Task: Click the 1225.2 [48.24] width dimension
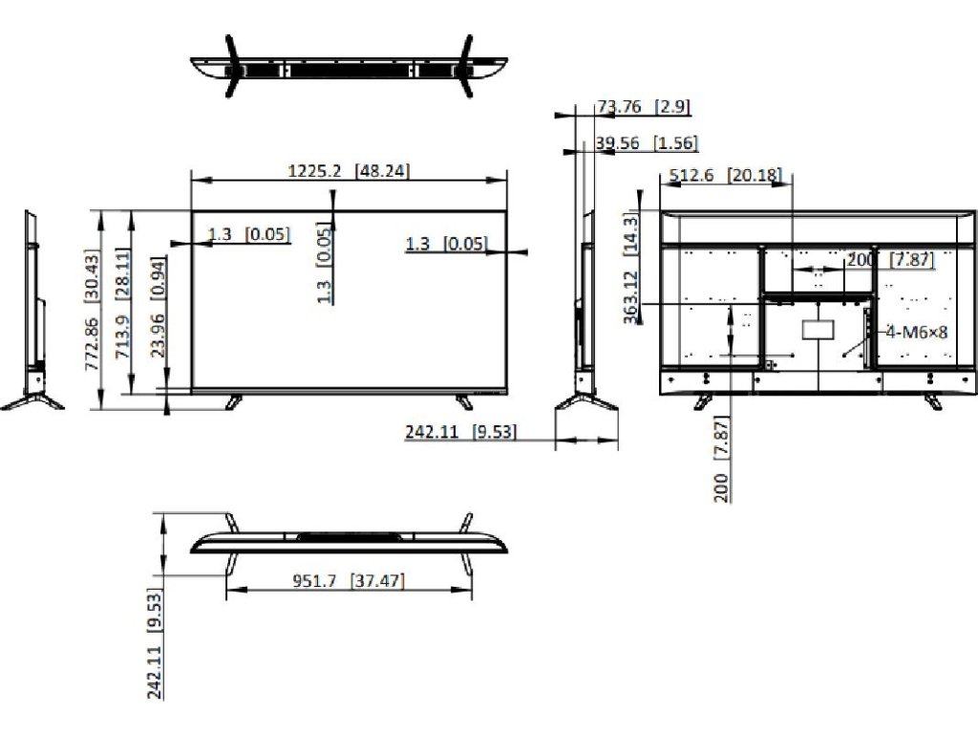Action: [x=348, y=171]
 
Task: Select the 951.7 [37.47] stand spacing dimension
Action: [x=348, y=581]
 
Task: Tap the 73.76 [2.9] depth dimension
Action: [x=644, y=107]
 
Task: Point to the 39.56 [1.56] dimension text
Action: [x=647, y=143]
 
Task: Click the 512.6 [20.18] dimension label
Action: [x=725, y=175]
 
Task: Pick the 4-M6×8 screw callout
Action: [x=916, y=332]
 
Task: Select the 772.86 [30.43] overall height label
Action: [x=92, y=310]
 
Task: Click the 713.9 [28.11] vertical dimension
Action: [x=122, y=303]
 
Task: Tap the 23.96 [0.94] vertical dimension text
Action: [x=158, y=307]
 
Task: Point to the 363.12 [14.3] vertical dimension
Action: [x=631, y=269]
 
